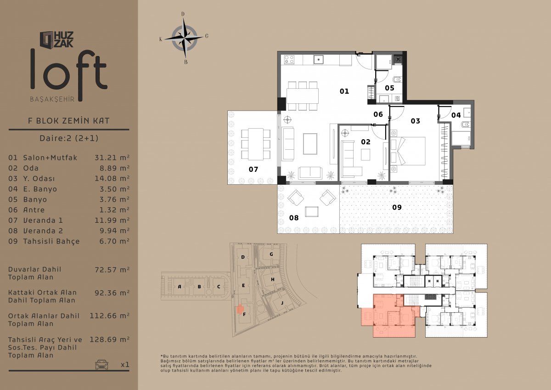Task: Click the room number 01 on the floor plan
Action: pos(344,91)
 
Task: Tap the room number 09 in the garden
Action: pos(397,207)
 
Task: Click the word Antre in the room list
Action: pos(34,210)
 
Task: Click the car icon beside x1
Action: pos(101,364)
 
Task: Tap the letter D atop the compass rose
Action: pos(183,14)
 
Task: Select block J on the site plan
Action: pos(282,303)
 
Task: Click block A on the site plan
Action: pos(180,286)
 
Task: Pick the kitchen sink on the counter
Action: pos(318,60)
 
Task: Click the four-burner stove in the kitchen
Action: pos(289,60)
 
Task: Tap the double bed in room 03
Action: pos(408,151)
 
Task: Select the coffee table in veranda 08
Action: pos(312,211)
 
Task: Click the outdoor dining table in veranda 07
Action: pos(256,144)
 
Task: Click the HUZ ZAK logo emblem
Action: pos(47,40)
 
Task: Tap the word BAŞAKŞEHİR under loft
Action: pos(52,99)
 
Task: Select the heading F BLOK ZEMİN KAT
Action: pos(68,121)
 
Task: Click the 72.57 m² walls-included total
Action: pos(112,270)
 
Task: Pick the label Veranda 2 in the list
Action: pos(43,231)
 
